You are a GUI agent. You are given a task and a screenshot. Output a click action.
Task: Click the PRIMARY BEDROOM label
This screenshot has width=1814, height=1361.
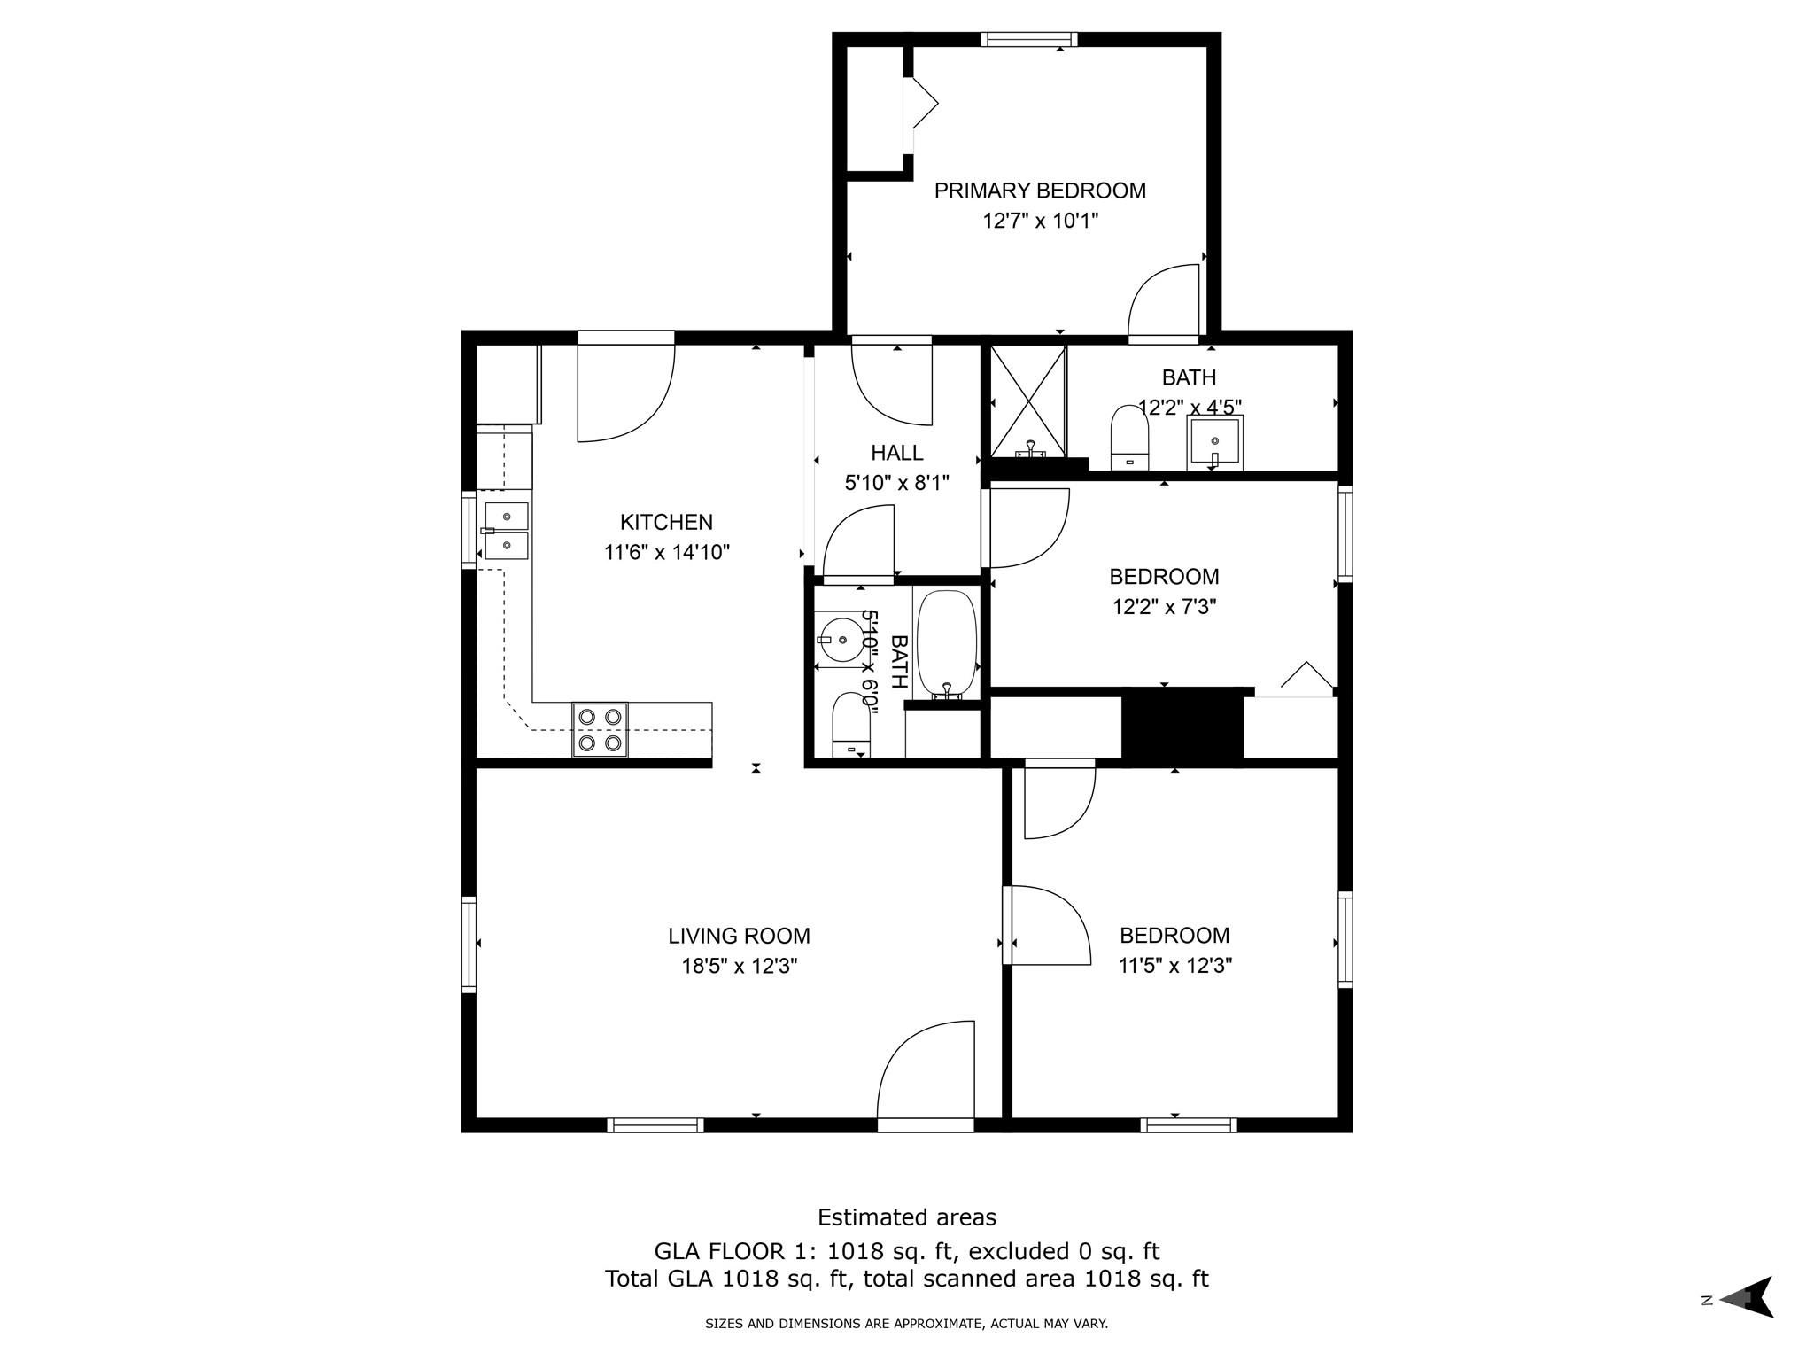pos(1040,191)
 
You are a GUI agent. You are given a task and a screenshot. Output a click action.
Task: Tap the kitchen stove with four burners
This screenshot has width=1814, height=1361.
pos(600,729)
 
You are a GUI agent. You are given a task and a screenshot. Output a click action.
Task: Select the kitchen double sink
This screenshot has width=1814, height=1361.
pos(506,531)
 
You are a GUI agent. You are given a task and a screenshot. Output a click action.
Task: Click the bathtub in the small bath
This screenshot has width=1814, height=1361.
pos(946,644)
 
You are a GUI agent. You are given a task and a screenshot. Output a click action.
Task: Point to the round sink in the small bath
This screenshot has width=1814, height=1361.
pos(839,638)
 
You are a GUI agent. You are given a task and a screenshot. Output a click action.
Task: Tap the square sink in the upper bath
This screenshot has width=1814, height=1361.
pos(1214,441)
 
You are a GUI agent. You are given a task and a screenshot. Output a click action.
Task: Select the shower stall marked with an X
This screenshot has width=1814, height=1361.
pos(1027,401)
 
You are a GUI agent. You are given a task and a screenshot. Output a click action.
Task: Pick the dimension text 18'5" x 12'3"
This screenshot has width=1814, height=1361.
pos(739,966)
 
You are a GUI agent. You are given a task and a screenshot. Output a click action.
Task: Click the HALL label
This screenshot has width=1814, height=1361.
pos(896,453)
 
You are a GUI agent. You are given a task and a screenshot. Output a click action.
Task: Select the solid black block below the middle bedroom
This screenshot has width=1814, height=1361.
pos(1182,724)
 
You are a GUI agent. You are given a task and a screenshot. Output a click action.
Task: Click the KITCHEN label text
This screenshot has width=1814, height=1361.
pos(666,522)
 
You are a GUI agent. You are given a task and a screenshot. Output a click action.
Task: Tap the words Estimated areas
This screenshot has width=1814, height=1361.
pos(906,1217)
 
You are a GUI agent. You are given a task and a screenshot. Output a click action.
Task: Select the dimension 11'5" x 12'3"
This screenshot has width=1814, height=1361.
pos(1174,966)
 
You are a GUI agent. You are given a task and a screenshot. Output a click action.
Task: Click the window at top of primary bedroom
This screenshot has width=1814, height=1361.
pos(1028,39)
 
